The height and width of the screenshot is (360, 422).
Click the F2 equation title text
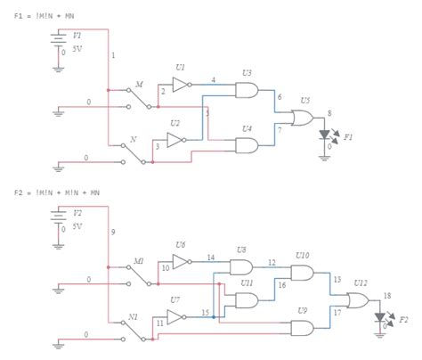[x=55, y=192]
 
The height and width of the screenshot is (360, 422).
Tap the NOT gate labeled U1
[x=179, y=86]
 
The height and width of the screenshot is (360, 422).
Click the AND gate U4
[x=245, y=145]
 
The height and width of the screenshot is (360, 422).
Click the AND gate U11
[x=242, y=300]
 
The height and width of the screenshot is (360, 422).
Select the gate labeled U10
[x=303, y=274]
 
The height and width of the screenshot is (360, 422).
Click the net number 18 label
[x=387, y=294]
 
